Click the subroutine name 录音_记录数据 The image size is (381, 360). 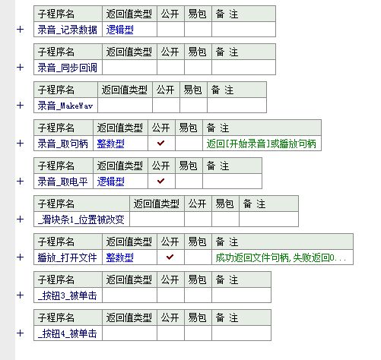(68, 30)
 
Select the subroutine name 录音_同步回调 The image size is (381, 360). (68, 68)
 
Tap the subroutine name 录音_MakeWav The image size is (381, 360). (65, 106)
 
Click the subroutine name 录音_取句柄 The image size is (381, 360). (63, 144)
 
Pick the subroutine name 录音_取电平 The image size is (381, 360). (63, 182)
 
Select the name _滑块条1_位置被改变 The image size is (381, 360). (81, 219)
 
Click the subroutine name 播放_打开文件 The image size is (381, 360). (68, 257)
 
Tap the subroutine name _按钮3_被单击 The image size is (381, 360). (68, 295)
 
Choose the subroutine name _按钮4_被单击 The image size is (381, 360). (68, 333)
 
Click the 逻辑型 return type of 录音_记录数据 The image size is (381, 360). (120, 30)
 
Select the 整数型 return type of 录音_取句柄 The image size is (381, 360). (111, 144)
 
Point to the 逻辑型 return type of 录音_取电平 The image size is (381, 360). (111, 182)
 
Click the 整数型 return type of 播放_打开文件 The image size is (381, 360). (120, 257)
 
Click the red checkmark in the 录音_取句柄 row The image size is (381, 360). (161, 144)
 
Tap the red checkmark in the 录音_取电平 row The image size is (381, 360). (161, 182)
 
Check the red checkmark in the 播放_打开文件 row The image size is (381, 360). (170, 257)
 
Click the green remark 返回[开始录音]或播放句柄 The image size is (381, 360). (262, 144)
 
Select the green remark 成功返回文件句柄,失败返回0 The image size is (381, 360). (281, 257)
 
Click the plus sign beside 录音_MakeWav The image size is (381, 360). (20, 105)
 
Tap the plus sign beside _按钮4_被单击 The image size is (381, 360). (20, 333)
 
